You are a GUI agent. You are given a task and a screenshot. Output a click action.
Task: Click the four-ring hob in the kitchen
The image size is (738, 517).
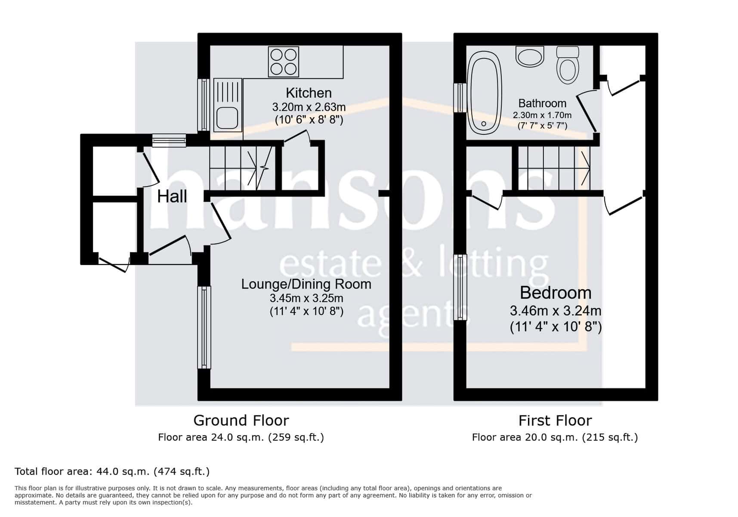[x=283, y=62]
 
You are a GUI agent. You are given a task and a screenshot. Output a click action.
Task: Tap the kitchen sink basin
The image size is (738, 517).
[x=227, y=118]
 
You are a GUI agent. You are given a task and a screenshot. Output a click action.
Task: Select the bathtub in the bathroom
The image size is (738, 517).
[x=485, y=92]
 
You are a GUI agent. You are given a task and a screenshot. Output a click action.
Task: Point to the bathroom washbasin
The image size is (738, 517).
[x=530, y=56]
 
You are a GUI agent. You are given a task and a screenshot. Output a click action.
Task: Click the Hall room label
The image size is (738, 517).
[x=172, y=196]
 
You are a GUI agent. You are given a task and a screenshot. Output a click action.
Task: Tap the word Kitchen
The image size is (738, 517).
[x=309, y=93]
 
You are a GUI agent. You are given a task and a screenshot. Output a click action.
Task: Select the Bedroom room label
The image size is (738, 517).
[x=556, y=293]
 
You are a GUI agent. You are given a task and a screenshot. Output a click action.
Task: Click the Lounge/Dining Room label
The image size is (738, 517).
[x=306, y=284]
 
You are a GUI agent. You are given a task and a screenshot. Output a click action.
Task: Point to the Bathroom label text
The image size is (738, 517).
[x=542, y=103]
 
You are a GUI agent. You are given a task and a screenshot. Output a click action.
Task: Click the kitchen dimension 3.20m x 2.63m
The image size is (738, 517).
[x=309, y=106]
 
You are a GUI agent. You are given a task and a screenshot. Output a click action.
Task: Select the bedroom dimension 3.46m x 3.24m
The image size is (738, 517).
[x=556, y=310]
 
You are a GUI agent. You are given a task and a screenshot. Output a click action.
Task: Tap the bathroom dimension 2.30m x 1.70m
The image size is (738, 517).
[x=542, y=115]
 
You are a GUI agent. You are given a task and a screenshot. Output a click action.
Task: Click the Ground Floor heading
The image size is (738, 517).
[x=241, y=420]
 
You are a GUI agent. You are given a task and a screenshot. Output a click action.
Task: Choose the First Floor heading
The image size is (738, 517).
[x=555, y=420]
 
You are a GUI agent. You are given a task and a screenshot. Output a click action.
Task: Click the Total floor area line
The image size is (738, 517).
[x=112, y=471]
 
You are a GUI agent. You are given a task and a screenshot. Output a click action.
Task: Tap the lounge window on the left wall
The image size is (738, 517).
[x=204, y=327]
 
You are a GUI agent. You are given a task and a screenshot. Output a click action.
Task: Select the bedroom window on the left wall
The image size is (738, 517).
[x=460, y=287]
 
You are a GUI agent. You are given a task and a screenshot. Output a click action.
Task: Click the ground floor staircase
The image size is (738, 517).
[x=241, y=168]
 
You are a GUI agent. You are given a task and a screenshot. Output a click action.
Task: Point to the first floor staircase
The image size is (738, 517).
[x=554, y=168]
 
